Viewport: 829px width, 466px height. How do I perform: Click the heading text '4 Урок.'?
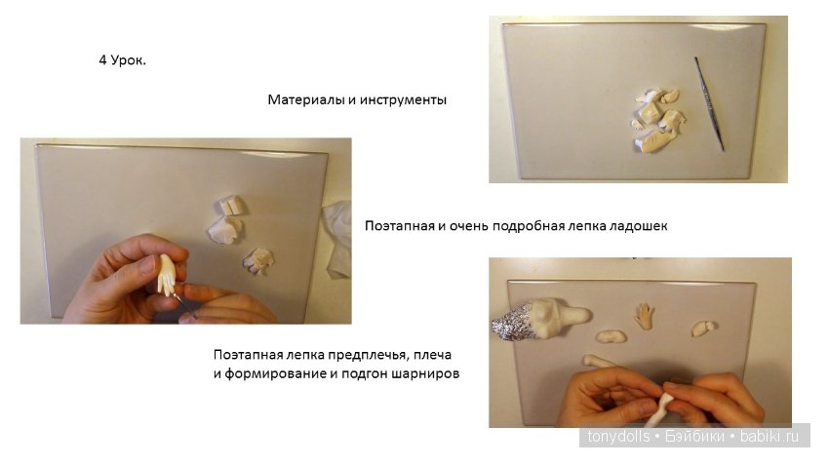tap(122, 61)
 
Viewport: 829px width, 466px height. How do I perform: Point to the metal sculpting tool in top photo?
tap(709, 102)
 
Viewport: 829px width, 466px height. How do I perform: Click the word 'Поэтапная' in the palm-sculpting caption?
tap(398, 226)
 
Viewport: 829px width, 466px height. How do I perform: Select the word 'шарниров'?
tap(426, 373)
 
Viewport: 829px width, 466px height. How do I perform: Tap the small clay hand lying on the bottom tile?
tap(645, 316)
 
